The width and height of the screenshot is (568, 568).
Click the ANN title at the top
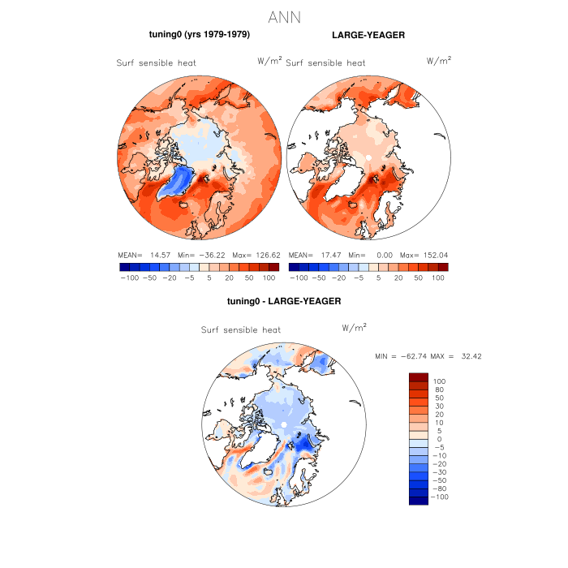point(283,18)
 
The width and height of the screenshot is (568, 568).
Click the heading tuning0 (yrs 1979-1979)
point(199,35)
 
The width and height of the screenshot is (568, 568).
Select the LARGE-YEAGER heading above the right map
point(368,35)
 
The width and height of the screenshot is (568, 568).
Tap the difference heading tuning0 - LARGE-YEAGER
point(284,301)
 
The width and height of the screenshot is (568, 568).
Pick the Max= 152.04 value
point(427,254)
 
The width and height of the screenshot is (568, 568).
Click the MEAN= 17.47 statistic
point(312,254)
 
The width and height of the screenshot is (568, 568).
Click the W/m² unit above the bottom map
point(355,327)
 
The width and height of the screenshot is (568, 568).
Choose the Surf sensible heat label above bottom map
point(240,330)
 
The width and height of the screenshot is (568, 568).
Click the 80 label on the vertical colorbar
point(438,389)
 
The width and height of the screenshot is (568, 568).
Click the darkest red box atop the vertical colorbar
point(418,377)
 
